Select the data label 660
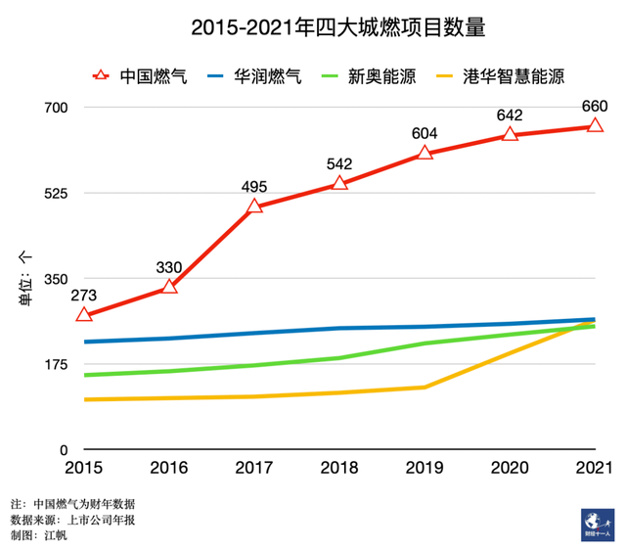[x=595, y=106]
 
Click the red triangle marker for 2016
[x=169, y=287]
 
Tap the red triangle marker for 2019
[x=425, y=153]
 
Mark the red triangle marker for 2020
[x=510, y=134]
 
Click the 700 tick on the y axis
[x=52, y=107]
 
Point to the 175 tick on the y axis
[x=52, y=364]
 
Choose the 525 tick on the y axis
[x=52, y=193]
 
